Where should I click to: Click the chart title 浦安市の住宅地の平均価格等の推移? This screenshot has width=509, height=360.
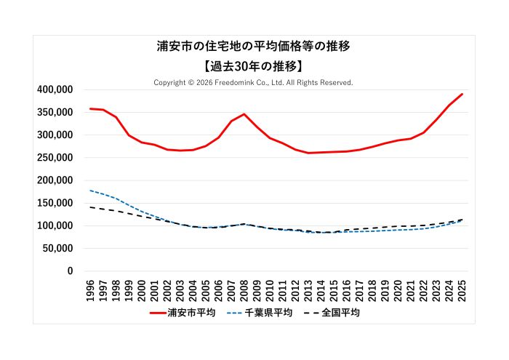click(254, 46)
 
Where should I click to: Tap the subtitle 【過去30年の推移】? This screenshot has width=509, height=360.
click(254, 65)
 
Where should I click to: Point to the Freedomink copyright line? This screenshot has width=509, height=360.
click(253, 82)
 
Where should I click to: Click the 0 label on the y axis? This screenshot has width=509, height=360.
click(71, 271)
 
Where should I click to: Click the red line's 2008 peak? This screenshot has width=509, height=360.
click(244, 114)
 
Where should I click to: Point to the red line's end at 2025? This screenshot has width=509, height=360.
click(462, 94)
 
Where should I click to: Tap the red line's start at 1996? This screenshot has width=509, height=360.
click(91, 109)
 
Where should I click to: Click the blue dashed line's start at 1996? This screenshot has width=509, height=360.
click(91, 191)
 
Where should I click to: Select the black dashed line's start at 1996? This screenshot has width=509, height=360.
click(91, 207)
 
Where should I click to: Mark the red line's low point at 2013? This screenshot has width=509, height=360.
click(308, 153)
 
